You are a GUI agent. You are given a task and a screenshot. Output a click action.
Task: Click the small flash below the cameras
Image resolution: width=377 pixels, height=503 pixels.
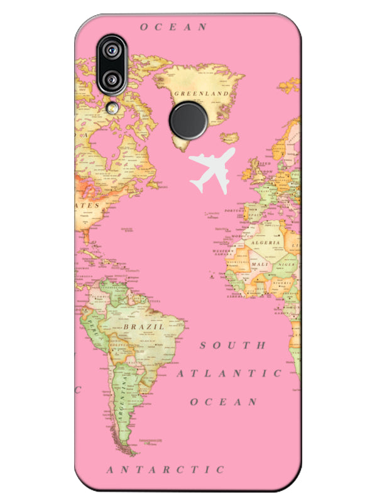[x=114, y=108]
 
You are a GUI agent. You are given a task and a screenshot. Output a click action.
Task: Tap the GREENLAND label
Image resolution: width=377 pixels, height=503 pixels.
[x=201, y=93]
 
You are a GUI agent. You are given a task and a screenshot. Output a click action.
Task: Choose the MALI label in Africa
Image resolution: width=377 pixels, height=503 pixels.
[x=260, y=265]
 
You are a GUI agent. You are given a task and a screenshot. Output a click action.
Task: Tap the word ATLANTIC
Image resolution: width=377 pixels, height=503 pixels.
[x=229, y=373]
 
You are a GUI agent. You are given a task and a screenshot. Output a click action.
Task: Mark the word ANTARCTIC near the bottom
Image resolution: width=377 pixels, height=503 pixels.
[x=165, y=469]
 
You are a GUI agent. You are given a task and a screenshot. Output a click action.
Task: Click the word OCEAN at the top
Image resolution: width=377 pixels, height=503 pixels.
[x=173, y=26]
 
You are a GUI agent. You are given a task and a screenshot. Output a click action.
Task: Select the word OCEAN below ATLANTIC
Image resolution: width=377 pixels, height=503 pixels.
[x=224, y=402]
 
